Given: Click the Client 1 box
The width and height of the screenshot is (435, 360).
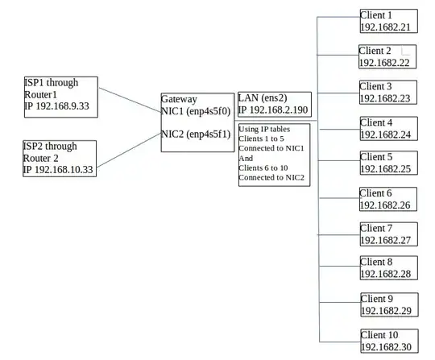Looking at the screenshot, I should click(388, 21).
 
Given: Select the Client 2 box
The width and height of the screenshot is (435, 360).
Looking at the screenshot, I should click(388, 56).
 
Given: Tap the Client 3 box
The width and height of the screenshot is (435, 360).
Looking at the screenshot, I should click(388, 93).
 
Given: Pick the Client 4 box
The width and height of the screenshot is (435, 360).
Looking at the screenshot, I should click(388, 129).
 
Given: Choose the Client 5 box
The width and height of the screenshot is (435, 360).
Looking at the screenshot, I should click(388, 163).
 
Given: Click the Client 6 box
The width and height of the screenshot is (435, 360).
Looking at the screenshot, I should click(388, 199).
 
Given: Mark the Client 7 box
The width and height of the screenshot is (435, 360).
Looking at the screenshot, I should click(388, 234).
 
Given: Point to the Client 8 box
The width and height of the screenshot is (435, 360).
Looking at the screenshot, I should click(388, 268).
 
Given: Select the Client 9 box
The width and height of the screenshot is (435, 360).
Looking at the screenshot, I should click(388, 304).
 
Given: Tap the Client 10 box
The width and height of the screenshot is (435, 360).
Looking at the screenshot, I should click(388, 340).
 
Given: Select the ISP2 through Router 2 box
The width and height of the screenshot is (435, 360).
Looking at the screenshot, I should click(60, 158).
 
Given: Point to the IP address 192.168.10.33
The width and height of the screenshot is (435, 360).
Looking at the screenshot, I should click(59, 170).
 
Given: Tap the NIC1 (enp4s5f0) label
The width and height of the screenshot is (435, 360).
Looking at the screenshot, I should click(197, 111).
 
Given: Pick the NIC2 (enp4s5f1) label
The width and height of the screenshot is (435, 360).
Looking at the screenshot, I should click(197, 134).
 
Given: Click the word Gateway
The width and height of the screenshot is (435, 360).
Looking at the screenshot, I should click(179, 99).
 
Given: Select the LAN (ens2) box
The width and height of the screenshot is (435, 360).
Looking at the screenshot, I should click(274, 103).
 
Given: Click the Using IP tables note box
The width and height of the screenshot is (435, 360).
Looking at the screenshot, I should click(274, 155).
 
